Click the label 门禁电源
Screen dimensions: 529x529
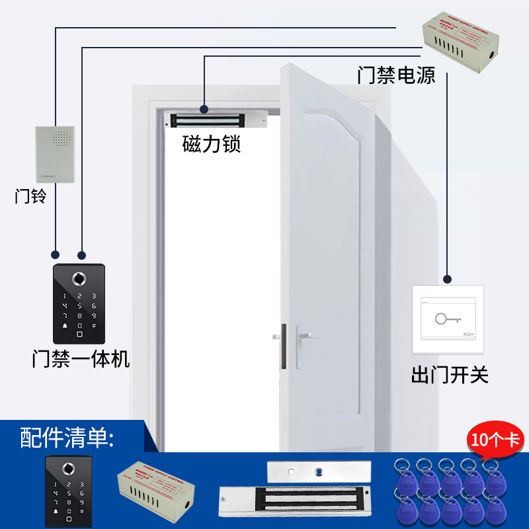pyautogui.click(x=396, y=75)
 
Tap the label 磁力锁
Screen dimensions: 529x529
pyautogui.click(x=212, y=144)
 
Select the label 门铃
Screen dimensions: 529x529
pyautogui.click(x=31, y=196)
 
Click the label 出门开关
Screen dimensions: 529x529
pyautogui.click(x=450, y=376)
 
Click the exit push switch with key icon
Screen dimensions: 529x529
pyautogui.click(x=448, y=320)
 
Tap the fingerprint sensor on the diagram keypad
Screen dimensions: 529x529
pyautogui.click(x=79, y=279)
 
